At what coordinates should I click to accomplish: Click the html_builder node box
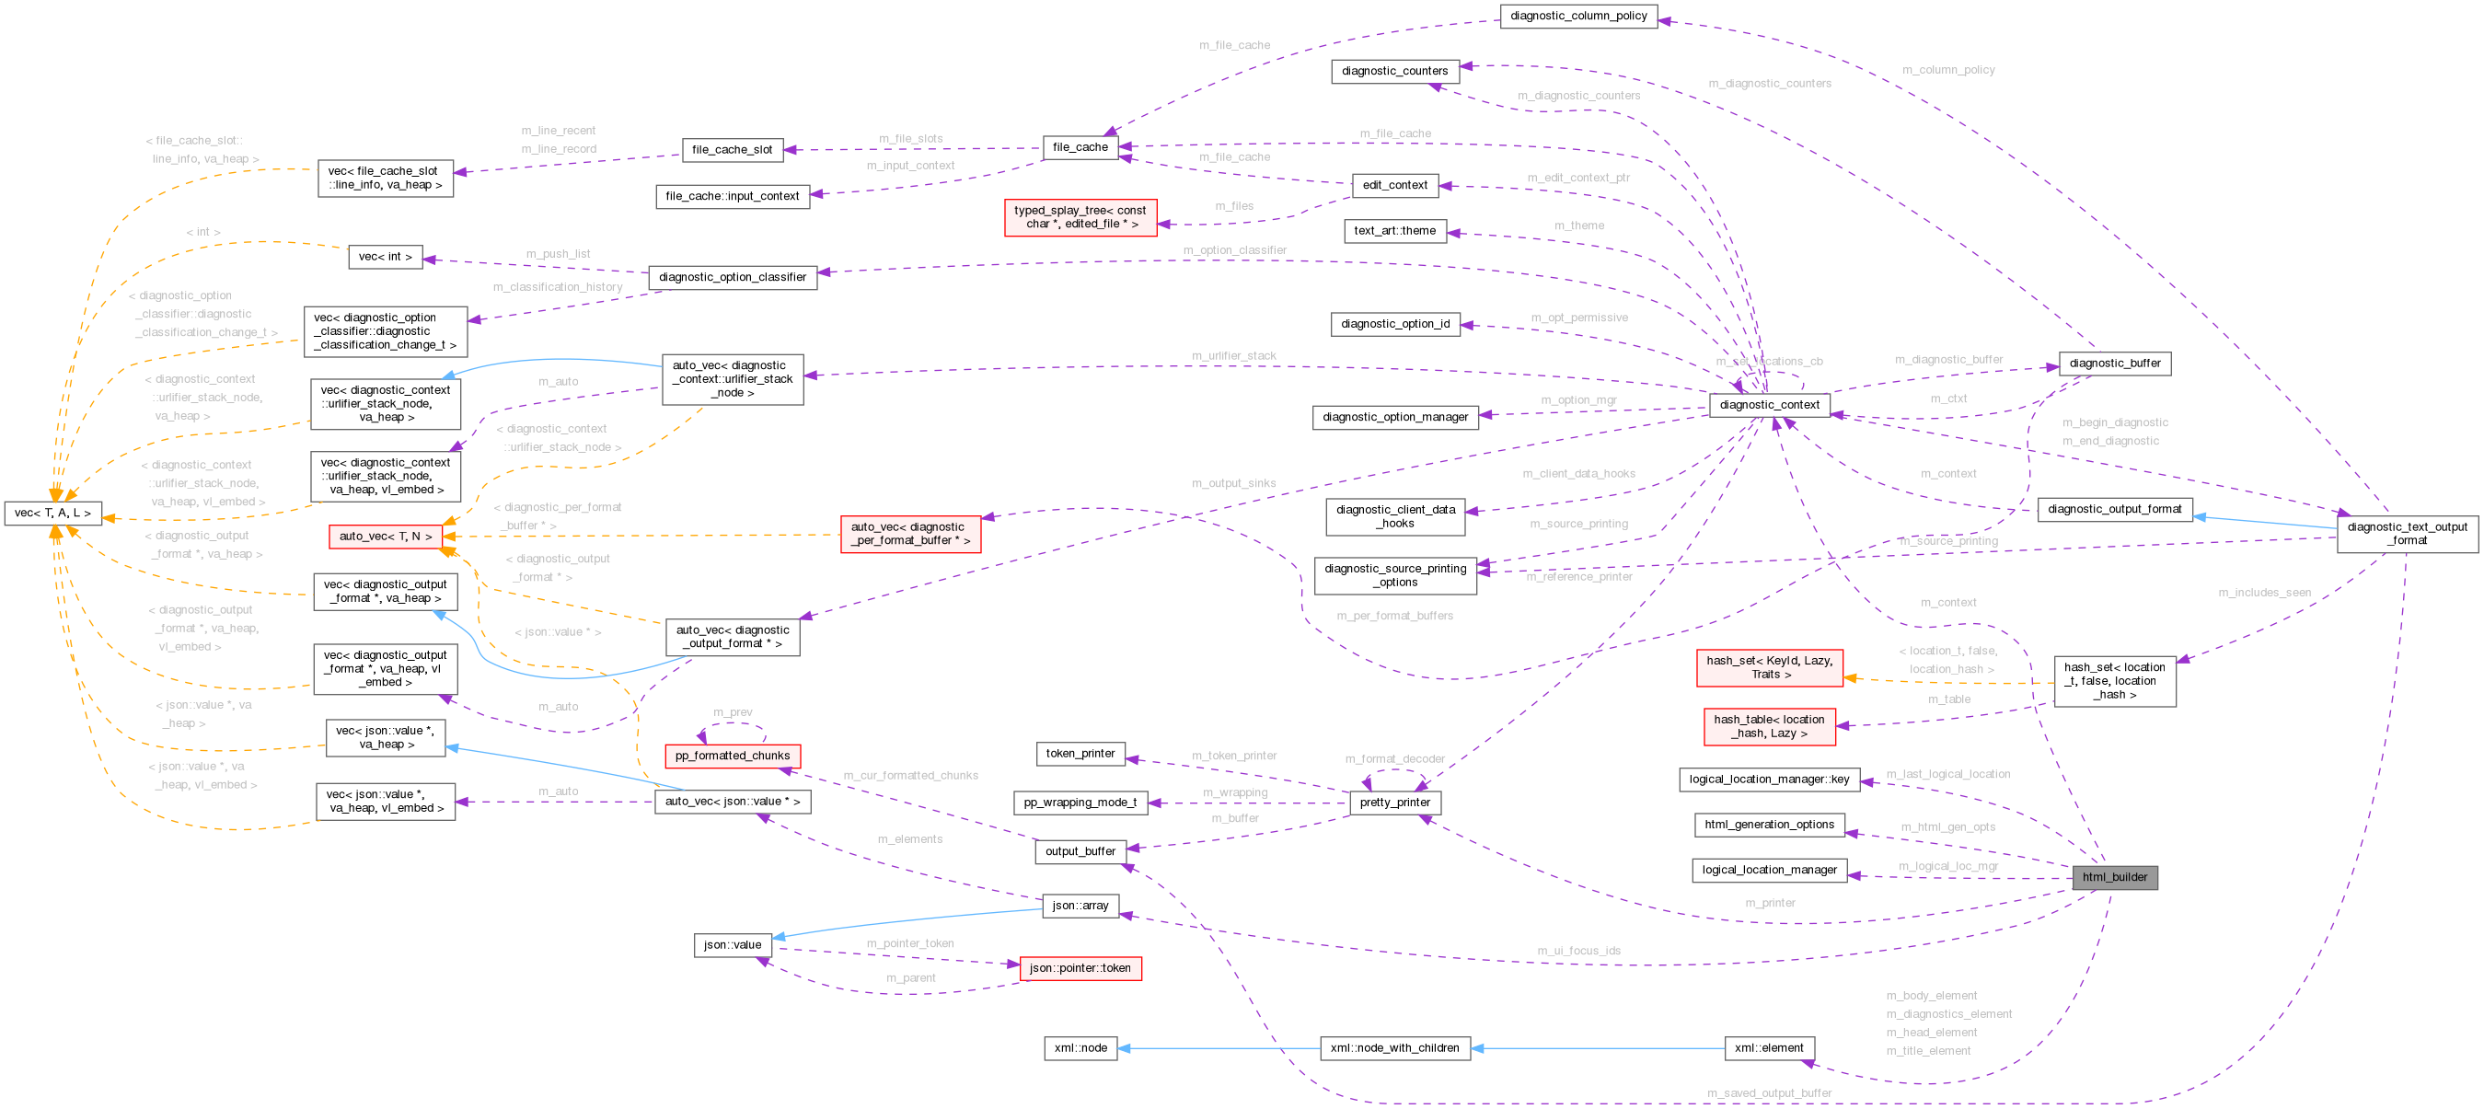[2114, 876]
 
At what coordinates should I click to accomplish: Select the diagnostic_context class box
[1769, 405]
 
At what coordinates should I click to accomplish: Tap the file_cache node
[1080, 147]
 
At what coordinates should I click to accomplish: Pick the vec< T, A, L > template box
[52, 513]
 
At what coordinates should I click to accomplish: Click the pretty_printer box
[1394, 803]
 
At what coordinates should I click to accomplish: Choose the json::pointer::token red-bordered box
[1080, 968]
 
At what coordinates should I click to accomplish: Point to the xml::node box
[1080, 1048]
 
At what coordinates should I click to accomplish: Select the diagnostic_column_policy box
[1577, 16]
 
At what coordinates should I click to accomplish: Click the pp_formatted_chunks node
[732, 756]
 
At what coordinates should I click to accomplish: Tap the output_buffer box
[1080, 851]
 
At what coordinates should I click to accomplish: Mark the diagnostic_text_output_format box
[2407, 533]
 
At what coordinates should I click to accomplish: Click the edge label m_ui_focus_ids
[1578, 951]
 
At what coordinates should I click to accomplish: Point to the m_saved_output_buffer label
[1769, 1092]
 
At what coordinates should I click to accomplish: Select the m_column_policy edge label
[1947, 69]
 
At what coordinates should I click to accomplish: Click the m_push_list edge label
[558, 254]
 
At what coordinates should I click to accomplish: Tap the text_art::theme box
[1394, 230]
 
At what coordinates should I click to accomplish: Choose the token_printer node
[1080, 754]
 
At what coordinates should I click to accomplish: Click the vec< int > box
[385, 257]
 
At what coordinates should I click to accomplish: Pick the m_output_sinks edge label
[1233, 483]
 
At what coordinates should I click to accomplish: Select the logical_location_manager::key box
[1769, 780]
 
